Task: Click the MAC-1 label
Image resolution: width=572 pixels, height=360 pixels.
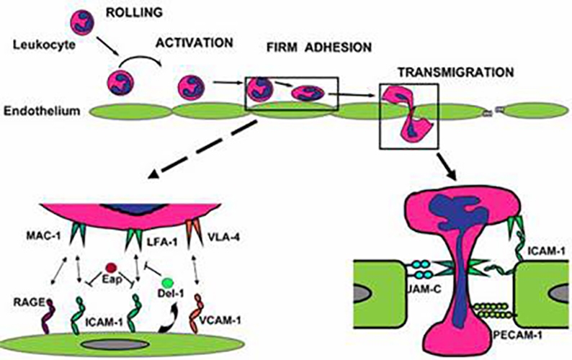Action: [72, 235]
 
